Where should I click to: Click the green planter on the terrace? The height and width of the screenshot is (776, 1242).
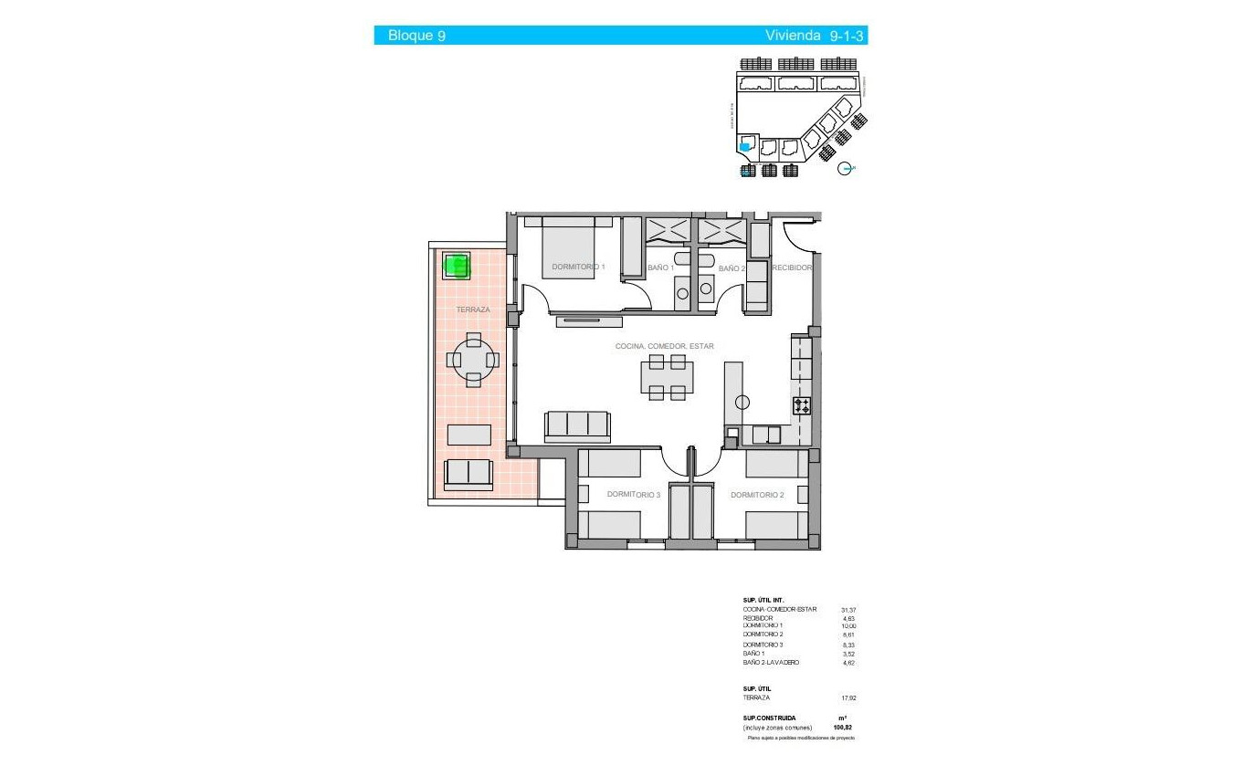point(456,266)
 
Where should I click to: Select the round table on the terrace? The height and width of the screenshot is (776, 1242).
point(473,360)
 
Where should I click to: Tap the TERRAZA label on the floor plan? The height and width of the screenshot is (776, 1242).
point(473,310)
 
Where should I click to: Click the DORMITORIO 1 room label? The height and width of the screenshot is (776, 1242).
point(578,267)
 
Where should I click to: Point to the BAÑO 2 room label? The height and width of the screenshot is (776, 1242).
point(732,268)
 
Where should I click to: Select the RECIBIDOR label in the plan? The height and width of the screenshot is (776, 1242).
point(792,268)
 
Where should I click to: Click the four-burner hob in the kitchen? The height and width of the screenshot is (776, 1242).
point(802,406)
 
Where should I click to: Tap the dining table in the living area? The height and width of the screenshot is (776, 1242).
point(667,377)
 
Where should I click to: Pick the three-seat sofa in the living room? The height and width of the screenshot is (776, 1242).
point(576,425)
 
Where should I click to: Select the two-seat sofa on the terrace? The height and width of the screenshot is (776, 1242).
point(468,473)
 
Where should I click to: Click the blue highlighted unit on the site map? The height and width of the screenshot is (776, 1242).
point(744,146)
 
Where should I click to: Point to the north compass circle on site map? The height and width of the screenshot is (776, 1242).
point(846,168)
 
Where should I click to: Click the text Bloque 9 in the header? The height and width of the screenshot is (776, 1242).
point(416,36)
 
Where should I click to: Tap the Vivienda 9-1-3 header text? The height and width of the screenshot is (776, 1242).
point(815,36)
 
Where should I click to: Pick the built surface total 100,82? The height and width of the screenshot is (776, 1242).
point(843,728)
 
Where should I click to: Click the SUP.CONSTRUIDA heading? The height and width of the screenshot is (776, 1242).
point(769,718)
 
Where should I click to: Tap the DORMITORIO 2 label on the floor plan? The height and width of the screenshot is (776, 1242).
point(757,495)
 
